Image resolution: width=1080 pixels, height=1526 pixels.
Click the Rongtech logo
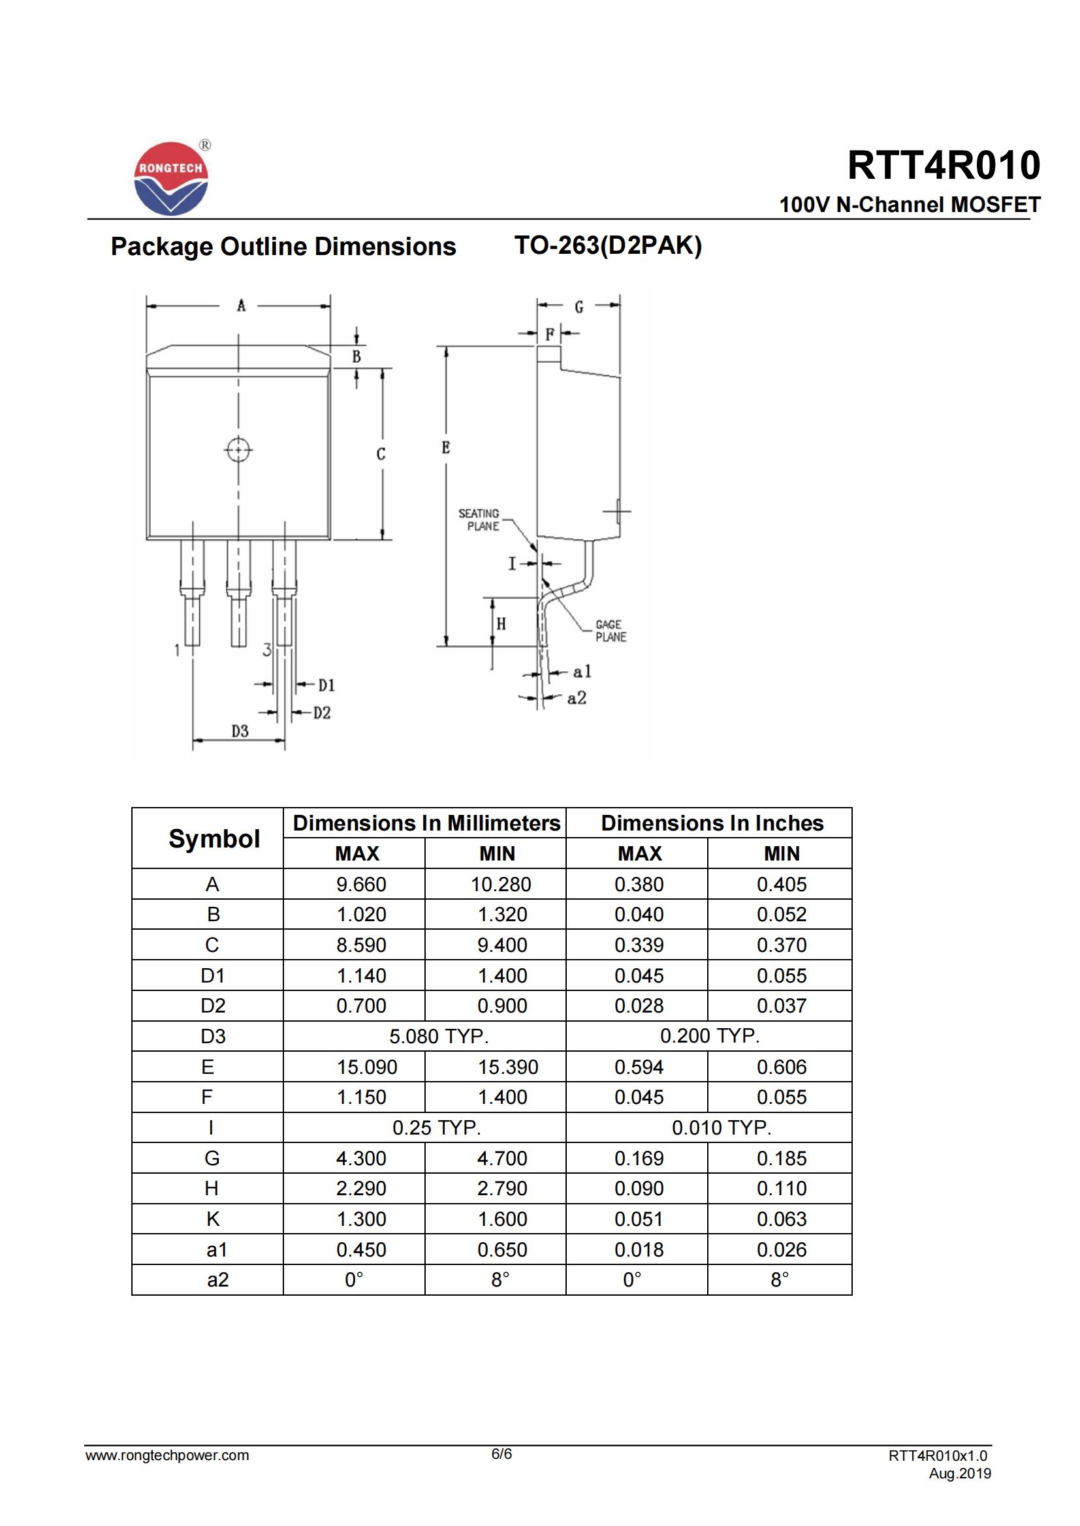171,178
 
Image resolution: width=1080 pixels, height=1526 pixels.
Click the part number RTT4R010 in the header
943,166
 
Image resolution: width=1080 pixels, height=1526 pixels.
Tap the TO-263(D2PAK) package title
608,246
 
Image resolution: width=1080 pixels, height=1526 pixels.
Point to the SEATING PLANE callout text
479,520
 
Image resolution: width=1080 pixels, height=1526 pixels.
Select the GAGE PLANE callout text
611,631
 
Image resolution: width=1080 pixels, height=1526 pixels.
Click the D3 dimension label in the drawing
240,731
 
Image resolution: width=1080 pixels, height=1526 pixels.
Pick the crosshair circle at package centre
238,450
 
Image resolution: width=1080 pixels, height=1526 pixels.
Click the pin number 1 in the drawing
177,650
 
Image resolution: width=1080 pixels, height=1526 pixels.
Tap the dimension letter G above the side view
579,307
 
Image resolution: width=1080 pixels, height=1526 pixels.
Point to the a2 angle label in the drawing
577,698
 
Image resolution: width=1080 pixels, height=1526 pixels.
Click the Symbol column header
214,839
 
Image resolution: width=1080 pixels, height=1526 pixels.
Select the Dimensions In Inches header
712,823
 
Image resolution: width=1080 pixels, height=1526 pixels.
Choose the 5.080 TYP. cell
438,1036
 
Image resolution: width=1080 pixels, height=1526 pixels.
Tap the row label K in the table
213,1219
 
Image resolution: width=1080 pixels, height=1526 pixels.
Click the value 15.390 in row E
507,1067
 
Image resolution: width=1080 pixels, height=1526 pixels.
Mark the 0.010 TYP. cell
721,1127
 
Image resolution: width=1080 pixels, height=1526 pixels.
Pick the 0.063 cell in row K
782,1219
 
